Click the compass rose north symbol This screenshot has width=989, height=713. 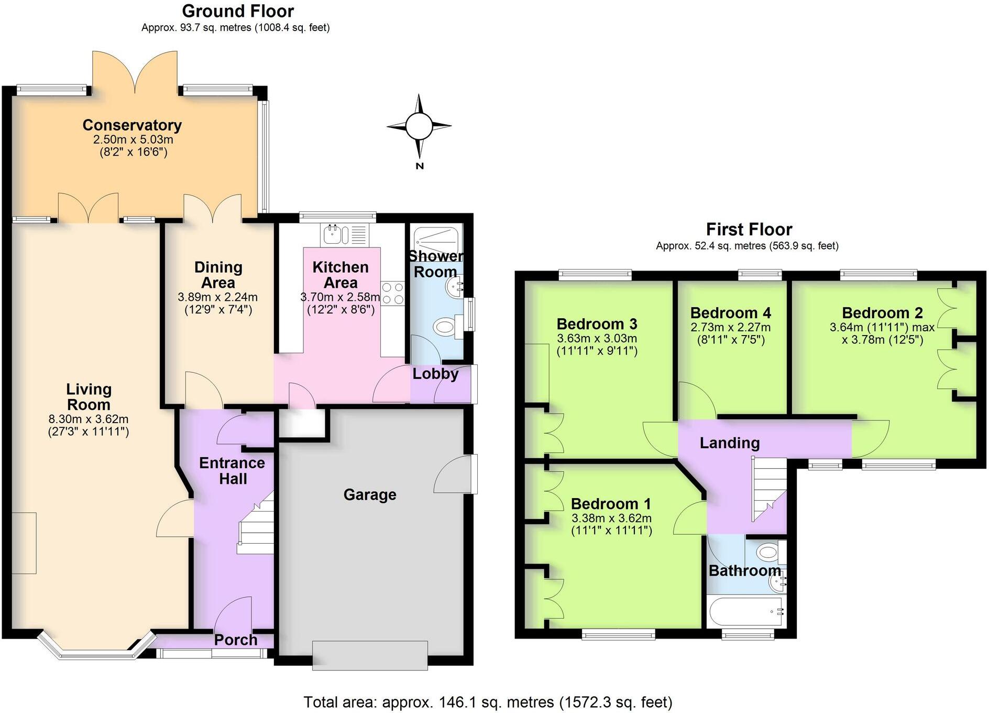click(x=419, y=127)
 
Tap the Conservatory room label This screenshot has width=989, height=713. click(x=132, y=125)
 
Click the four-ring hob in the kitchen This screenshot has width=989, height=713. click(x=392, y=294)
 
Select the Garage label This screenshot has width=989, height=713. click(x=370, y=494)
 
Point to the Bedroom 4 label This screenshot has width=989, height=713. click(x=730, y=313)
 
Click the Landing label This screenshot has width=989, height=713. click(x=730, y=443)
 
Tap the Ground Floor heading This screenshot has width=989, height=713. click(x=238, y=11)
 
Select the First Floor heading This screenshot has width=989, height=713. click(x=749, y=229)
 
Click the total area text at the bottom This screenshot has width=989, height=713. click(x=488, y=702)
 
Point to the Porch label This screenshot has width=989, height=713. click(x=236, y=640)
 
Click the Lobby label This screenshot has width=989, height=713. click(x=435, y=374)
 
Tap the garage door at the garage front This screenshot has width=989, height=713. click(x=370, y=655)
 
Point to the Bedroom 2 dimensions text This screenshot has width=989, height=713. click(x=882, y=333)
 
